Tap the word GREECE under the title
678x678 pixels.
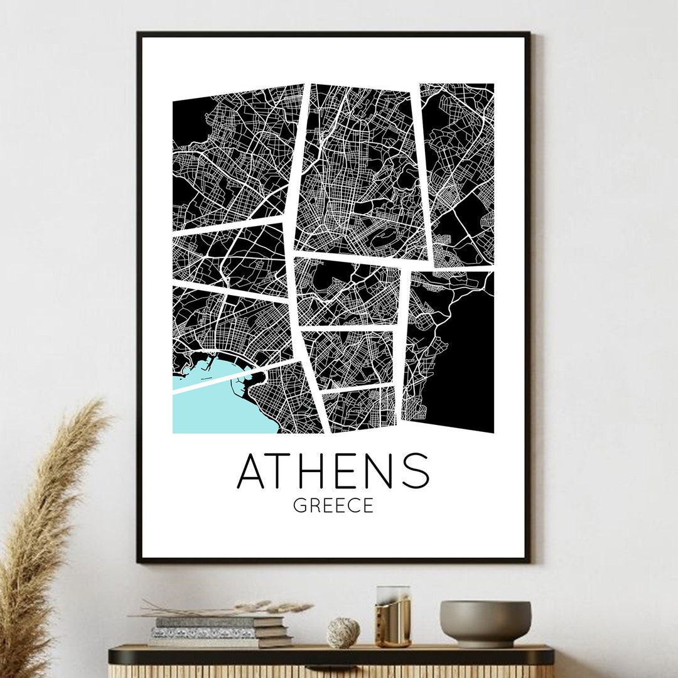click(x=333, y=505)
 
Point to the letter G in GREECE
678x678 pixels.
click(x=301, y=505)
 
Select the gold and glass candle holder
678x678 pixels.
click(x=392, y=616)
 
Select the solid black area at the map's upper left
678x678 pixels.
click(x=188, y=126)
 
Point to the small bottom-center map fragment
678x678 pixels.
click(x=358, y=409)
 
